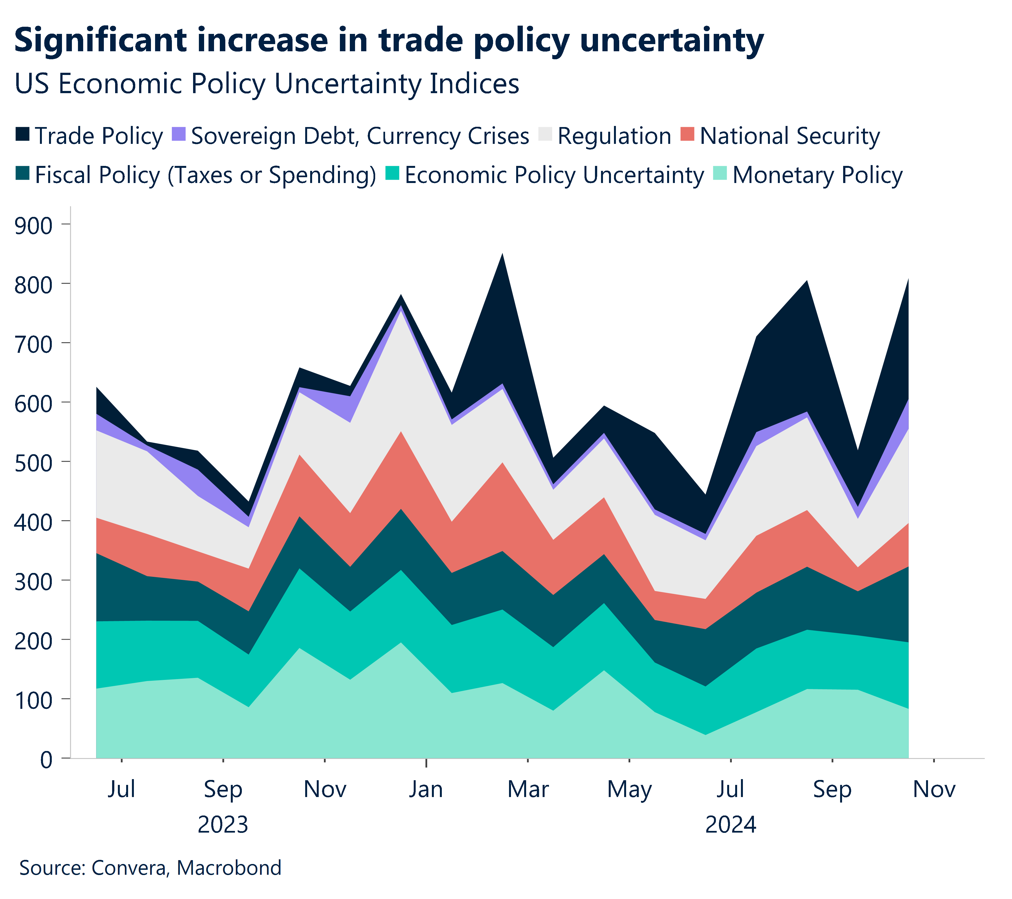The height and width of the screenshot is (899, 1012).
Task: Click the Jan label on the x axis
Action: pyautogui.click(x=426, y=790)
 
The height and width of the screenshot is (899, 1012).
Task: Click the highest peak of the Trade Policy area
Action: pyautogui.click(x=502, y=255)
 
